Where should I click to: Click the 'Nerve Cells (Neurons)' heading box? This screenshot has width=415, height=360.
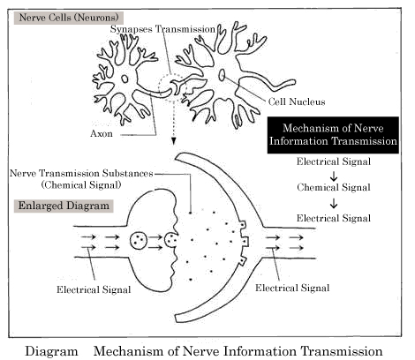point(69,18)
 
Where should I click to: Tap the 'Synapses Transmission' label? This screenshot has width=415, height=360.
point(162,29)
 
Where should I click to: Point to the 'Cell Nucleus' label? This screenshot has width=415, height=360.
point(297,101)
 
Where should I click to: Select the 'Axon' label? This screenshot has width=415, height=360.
point(102,134)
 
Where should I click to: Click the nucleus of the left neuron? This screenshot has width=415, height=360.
point(124,79)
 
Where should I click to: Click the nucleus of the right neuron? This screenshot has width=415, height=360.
point(222,75)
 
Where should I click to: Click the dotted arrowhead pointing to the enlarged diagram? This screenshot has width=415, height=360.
point(174,141)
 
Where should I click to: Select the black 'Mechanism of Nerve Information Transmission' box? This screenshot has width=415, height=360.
point(333,135)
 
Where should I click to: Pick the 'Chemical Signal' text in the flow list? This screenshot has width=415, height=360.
point(334,187)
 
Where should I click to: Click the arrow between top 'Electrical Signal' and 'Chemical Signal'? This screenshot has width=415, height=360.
point(334,176)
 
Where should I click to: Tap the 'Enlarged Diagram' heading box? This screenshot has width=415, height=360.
point(64,206)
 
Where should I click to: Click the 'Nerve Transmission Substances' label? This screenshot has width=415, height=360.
point(81,173)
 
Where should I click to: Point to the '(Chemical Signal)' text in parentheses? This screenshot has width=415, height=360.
point(81,185)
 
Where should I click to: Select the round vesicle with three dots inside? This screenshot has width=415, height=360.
point(139,240)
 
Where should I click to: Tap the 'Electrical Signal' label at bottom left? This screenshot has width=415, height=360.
point(94,289)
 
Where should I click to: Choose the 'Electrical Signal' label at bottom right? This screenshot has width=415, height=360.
point(292,288)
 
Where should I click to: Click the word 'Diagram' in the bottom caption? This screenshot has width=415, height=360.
point(51,351)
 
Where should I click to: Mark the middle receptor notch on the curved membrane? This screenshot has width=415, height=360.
point(245,241)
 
